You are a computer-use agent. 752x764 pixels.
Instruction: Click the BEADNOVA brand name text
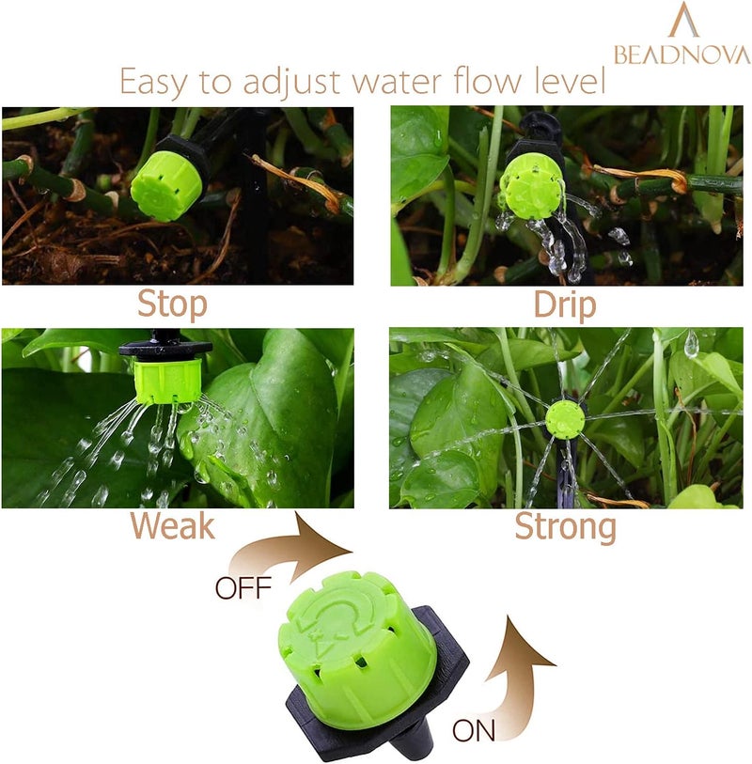click(681, 55)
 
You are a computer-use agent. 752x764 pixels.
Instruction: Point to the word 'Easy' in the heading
click(160, 83)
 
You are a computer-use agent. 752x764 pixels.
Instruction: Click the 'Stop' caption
click(172, 304)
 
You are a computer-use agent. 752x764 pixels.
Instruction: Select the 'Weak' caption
click(172, 526)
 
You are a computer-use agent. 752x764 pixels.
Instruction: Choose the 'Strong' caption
click(565, 527)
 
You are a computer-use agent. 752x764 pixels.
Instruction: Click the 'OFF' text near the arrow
click(243, 589)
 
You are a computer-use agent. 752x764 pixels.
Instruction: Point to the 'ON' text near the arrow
click(474, 730)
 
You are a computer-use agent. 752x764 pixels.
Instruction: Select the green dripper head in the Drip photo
click(531, 184)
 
